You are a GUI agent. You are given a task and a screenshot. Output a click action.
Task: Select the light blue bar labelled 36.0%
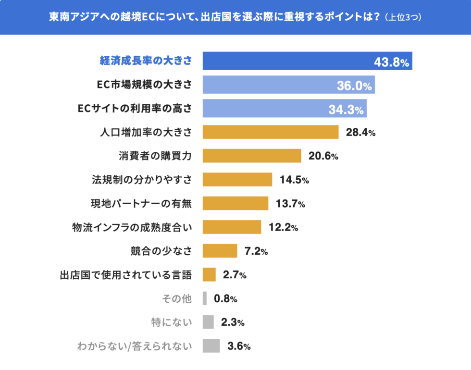tap(288, 85)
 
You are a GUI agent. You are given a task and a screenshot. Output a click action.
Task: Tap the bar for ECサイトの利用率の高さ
tap(285, 109)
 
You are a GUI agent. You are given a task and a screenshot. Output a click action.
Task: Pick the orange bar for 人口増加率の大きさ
tap(271, 132)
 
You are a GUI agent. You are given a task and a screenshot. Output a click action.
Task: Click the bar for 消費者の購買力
tap(252, 156)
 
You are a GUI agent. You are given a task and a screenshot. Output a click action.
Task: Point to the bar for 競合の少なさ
tap(220, 251)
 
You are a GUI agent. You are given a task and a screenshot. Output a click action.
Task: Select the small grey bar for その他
tap(205, 298)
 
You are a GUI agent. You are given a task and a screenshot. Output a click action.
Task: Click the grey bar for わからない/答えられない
tap(211, 346)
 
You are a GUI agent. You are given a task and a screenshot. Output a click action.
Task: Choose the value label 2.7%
tap(235, 275)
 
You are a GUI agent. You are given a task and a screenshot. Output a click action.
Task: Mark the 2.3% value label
tap(233, 322)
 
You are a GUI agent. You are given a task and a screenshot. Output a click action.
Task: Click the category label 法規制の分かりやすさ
tap(142, 180)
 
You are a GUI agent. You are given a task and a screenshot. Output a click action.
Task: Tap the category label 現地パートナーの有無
tap(142, 203)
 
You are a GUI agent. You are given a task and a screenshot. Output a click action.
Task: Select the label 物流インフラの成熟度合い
tap(132, 227)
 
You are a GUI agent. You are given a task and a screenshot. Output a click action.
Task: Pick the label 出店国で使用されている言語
tap(126, 275)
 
